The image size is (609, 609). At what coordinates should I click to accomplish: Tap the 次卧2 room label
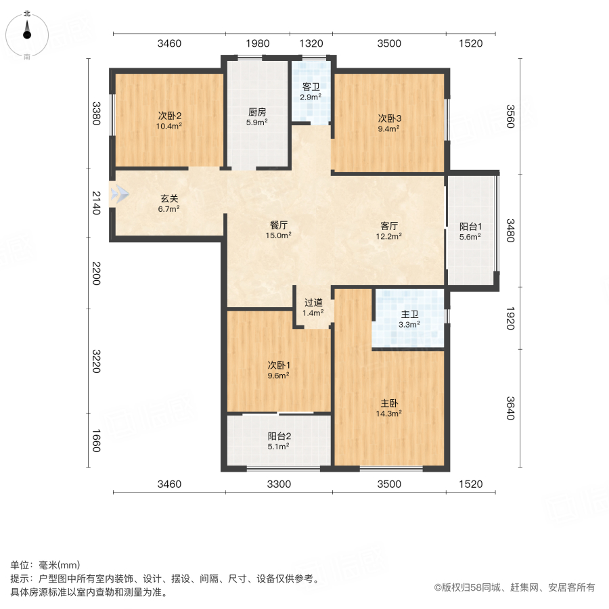pyautogui.click(x=170, y=120)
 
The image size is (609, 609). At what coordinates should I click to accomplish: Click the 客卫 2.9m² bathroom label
pyautogui.click(x=311, y=92)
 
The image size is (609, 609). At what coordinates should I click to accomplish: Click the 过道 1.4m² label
pyautogui.click(x=313, y=308)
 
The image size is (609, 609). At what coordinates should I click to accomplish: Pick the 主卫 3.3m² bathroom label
pyautogui.click(x=409, y=319)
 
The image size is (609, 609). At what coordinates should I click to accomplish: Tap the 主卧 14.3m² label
pyautogui.click(x=389, y=407)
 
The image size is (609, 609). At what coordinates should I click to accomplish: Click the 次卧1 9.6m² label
pyautogui.click(x=278, y=370)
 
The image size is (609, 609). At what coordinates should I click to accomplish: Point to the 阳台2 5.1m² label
pyautogui.click(x=278, y=441)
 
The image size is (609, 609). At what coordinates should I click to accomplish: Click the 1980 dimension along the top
pyautogui.click(x=258, y=43)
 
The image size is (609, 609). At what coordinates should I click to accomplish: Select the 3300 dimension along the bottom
pyautogui.click(x=279, y=484)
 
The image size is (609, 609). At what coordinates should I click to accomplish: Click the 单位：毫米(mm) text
pyautogui.click(x=45, y=565)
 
